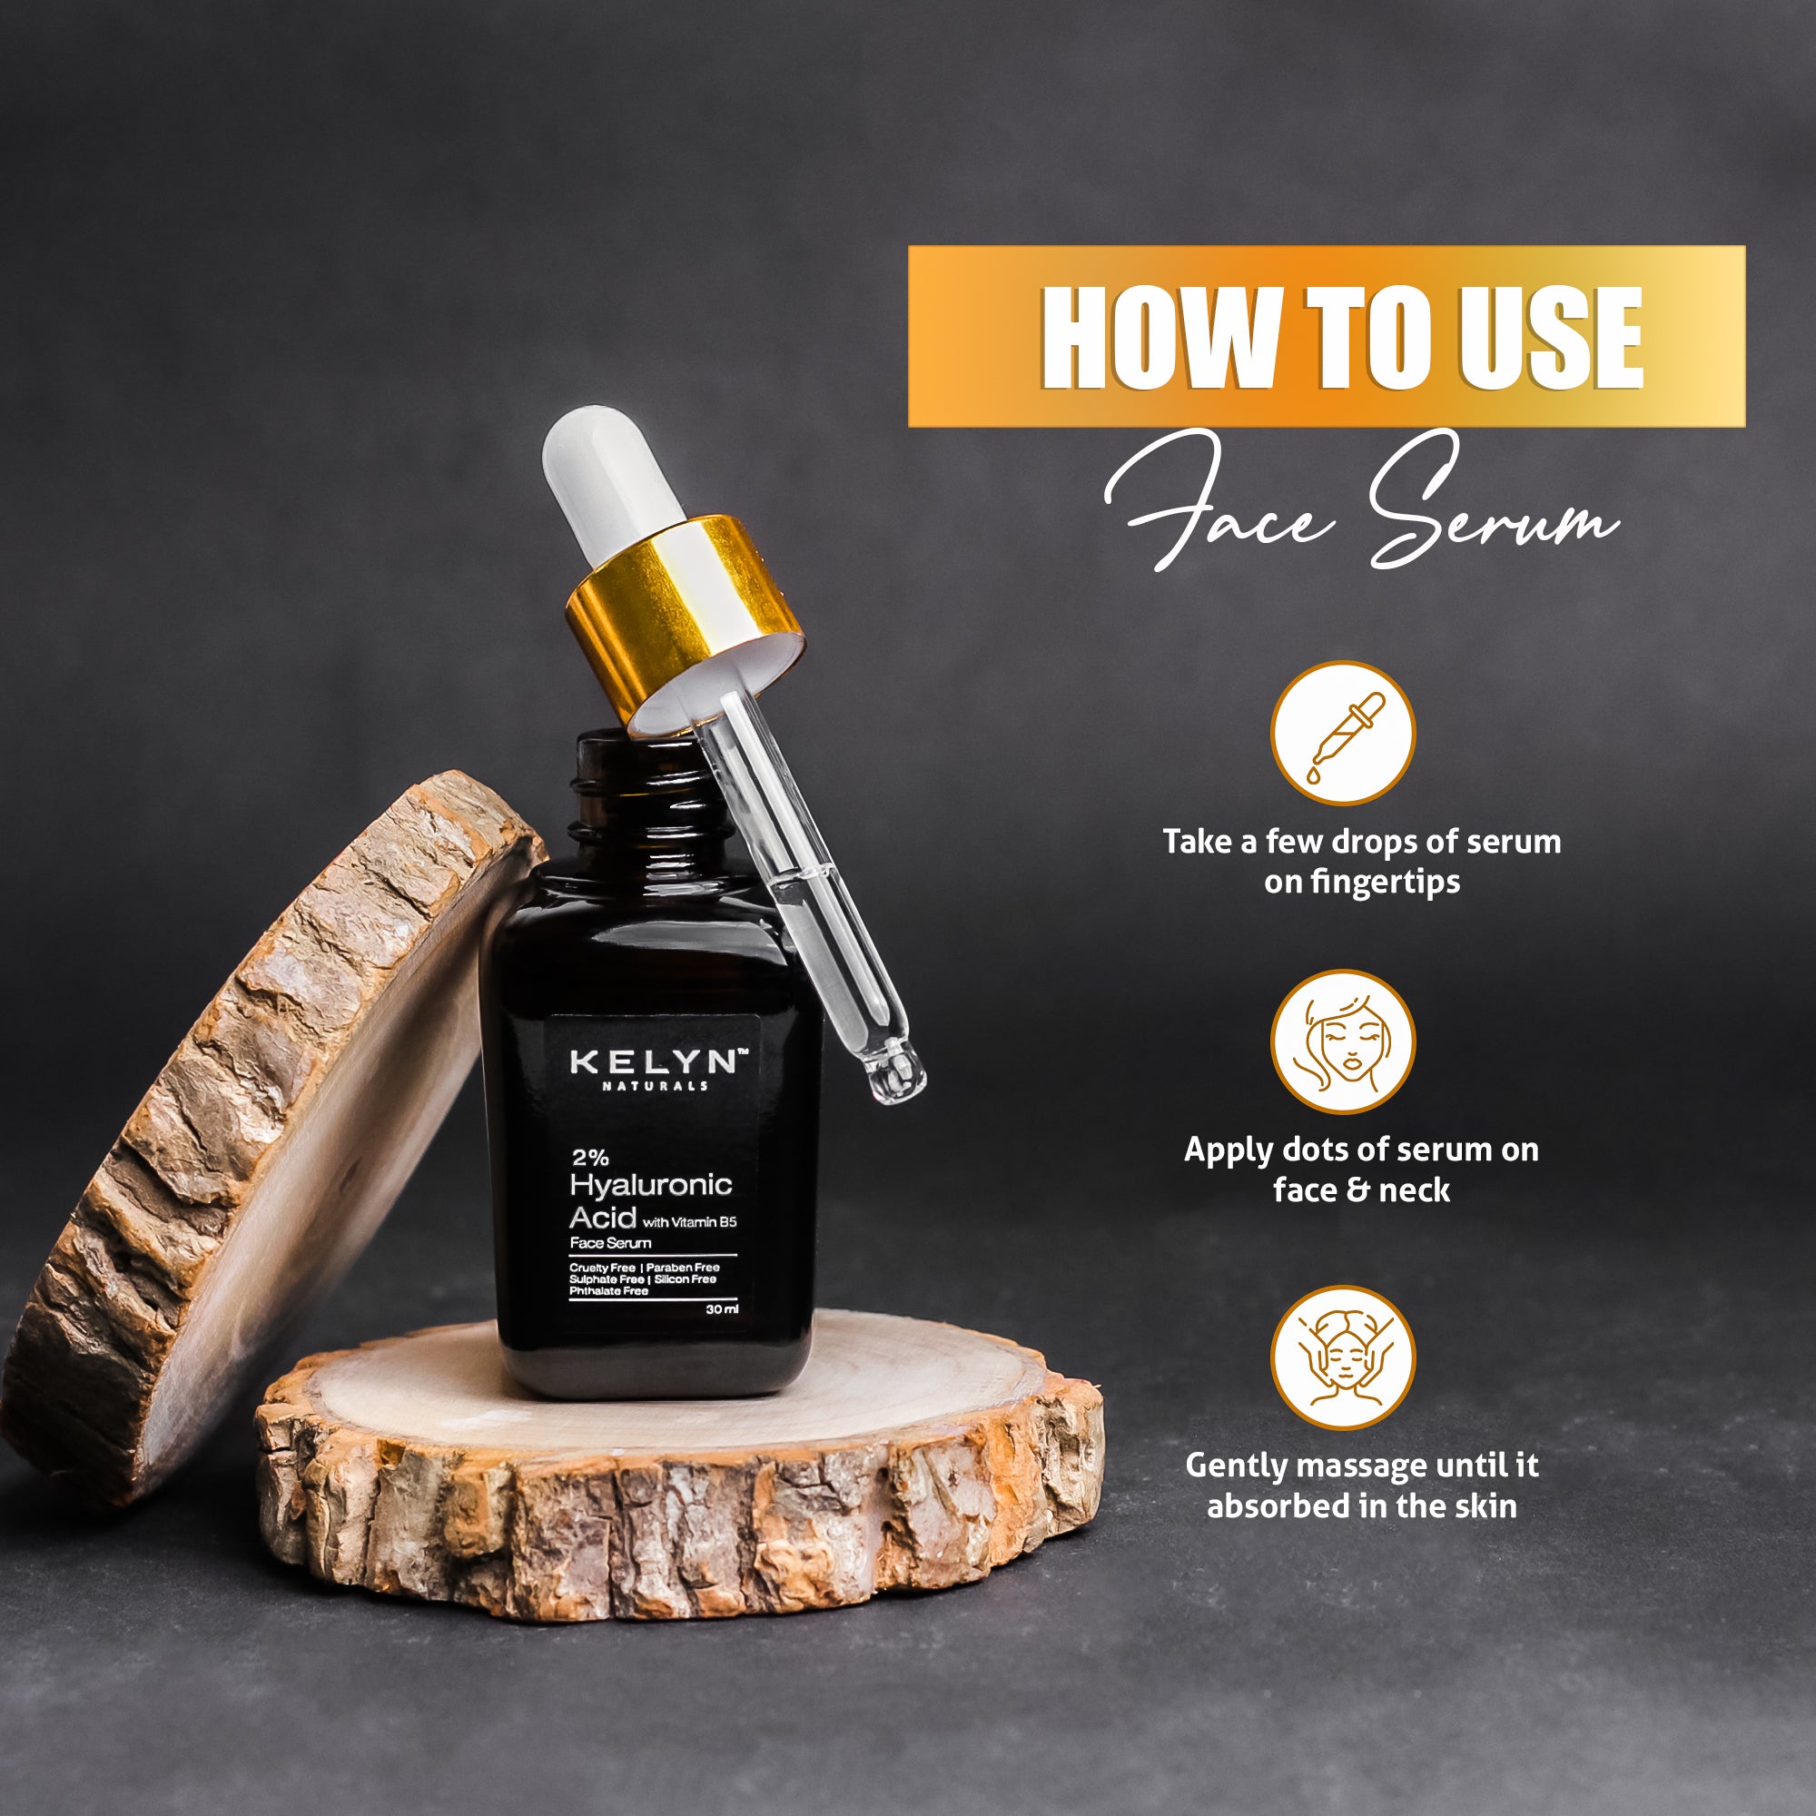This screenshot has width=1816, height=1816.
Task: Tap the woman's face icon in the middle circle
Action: tap(1342, 1042)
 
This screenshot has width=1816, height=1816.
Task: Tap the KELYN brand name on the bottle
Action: tap(653, 1062)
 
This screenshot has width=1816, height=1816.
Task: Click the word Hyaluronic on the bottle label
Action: tap(650, 1185)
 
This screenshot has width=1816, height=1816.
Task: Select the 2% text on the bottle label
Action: tap(589, 1158)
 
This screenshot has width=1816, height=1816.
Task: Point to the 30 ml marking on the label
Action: tap(722, 1310)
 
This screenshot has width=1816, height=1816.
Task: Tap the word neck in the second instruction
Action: tap(1414, 1191)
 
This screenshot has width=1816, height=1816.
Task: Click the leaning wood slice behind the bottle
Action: tap(235, 1128)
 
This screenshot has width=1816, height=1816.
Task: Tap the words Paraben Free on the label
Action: tap(683, 1267)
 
